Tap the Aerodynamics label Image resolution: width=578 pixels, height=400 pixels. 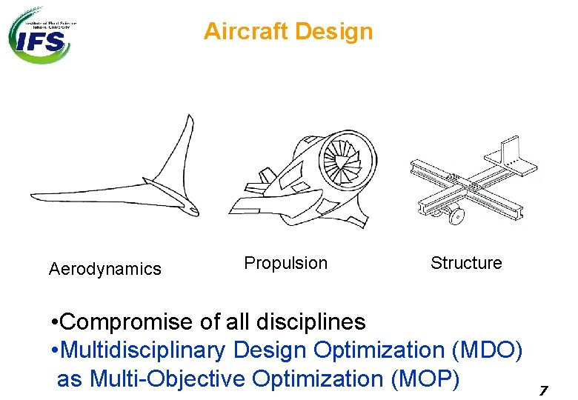pyautogui.click(x=104, y=269)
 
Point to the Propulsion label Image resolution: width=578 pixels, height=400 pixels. pyautogui.click(x=285, y=263)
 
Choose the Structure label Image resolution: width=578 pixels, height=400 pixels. pyautogui.click(x=466, y=263)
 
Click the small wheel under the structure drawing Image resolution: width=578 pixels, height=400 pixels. pyautogui.click(x=456, y=216)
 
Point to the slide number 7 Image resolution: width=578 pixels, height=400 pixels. pyautogui.click(x=543, y=390)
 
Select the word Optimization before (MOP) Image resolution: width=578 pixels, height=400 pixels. pyautogui.click(x=318, y=379)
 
